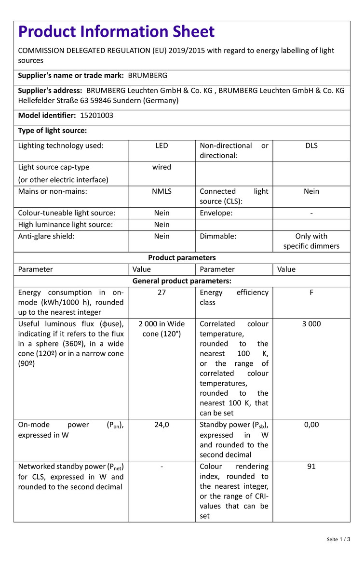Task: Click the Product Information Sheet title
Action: tap(116, 32)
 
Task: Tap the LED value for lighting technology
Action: tap(162, 146)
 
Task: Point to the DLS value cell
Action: tap(311, 146)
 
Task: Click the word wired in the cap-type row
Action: tap(162, 167)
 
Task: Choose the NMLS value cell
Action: tap(162, 191)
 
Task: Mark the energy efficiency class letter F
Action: tap(311, 293)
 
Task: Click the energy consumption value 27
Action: tap(162, 293)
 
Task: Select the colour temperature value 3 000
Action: tap(311, 324)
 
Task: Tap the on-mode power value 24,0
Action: tap(162, 425)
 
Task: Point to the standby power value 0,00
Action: tap(311, 425)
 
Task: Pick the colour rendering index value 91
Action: tap(311, 467)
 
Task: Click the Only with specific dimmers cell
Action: tap(311, 241)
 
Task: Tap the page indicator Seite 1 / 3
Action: tap(338, 539)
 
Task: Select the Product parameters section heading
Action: tap(182, 258)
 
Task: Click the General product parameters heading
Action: tap(182, 281)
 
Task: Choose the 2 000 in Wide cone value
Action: tap(162, 329)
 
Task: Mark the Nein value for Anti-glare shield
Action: tap(162, 236)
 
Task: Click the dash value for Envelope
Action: tap(311, 213)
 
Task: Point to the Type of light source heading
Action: tap(52, 131)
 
